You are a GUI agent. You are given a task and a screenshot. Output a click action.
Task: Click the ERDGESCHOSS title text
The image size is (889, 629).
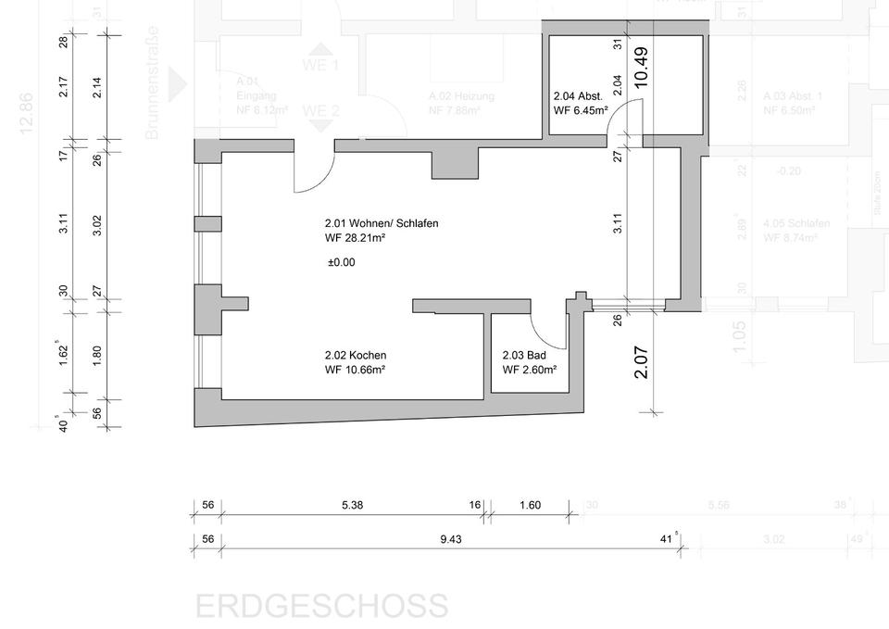tap(321, 607)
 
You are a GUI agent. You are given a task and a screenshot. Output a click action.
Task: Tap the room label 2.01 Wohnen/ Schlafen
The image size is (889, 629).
tap(382, 223)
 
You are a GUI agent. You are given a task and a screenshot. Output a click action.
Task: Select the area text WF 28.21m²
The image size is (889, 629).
tap(355, 238)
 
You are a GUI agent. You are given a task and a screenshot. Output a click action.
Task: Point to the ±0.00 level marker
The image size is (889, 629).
tap(341, 262)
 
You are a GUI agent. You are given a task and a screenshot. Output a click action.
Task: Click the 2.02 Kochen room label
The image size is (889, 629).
tap(356, 355)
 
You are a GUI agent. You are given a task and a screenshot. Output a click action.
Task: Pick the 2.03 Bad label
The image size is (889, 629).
tap(525, 355)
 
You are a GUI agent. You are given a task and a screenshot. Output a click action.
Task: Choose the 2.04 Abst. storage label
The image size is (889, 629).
tap(579, 95)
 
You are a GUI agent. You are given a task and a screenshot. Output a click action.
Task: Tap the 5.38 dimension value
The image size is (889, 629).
tap(352, 506)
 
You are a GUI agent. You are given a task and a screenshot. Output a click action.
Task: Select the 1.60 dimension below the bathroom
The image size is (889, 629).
tap(531, 506)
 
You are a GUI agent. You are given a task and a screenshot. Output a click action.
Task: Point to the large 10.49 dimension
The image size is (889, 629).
tap(641, 68)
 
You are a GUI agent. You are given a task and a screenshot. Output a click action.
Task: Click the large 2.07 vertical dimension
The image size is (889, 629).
tap(641, 361)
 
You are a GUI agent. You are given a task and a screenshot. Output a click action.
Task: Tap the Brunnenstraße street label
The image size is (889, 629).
tap(153, 83)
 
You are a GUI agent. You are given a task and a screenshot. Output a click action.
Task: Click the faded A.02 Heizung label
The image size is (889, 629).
tap(461, 96)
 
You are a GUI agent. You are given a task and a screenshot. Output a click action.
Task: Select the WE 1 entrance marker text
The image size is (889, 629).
tap(320, 66)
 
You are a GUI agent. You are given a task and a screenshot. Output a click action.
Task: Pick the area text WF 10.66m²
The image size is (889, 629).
tap(355, 370)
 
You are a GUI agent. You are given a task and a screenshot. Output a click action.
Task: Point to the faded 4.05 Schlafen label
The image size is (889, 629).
tap(795, 223)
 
